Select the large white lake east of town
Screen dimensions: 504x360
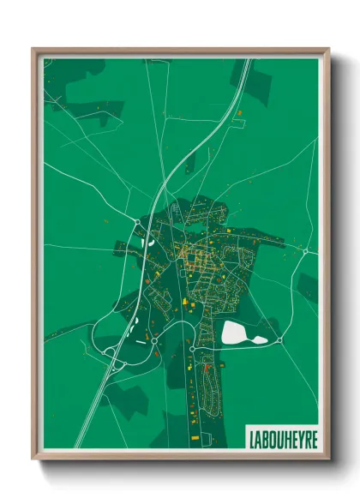point(237,332)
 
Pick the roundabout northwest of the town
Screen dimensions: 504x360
point(137,223)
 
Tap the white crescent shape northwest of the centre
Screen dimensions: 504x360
point(150,242)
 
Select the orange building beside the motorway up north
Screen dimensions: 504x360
point(239,112)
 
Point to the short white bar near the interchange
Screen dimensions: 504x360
point(140,342)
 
